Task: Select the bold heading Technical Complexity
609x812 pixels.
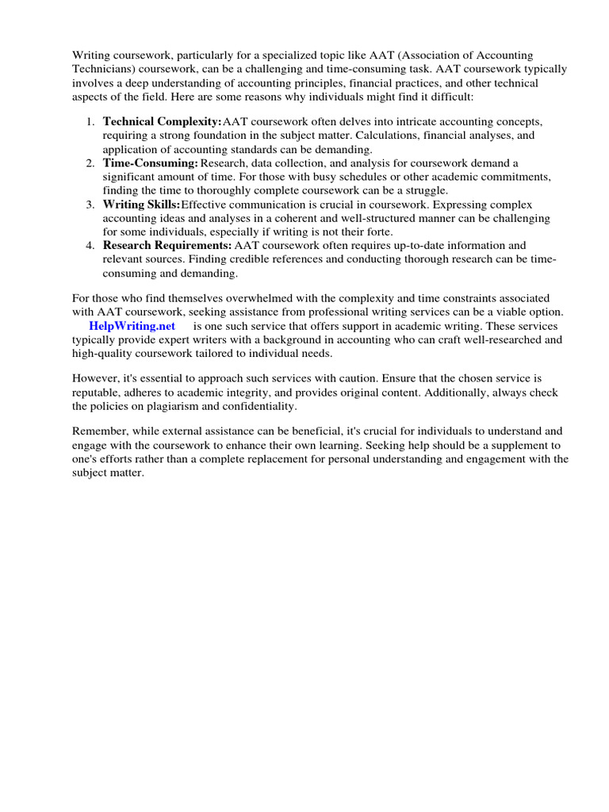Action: pos(162,121)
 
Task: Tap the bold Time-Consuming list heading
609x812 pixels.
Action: pos(150,163)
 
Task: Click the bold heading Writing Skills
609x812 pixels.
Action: pos(141,204)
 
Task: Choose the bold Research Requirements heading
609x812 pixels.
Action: pos(167,245)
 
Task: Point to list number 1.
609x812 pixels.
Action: pos(90,121)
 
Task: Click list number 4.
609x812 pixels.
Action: pos(90,245)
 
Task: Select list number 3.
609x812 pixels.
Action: pos(90,204)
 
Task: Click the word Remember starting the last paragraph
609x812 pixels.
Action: pos(99,431)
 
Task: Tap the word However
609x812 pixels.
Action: pos(97,378)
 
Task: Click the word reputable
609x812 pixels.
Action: pos(99,392)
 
